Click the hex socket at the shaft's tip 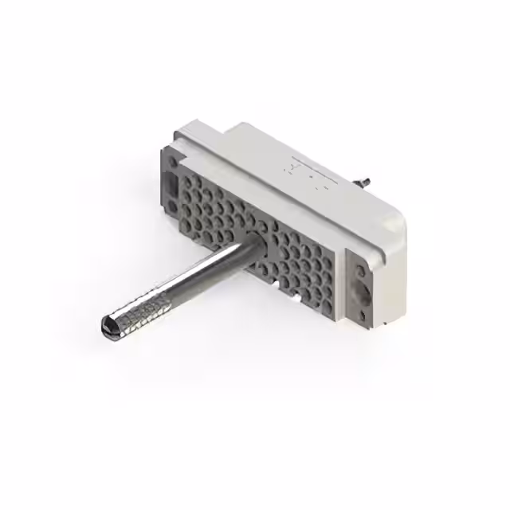coord(108,325)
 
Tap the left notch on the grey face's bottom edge coord(276,284)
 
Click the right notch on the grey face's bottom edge coord(296,299)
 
